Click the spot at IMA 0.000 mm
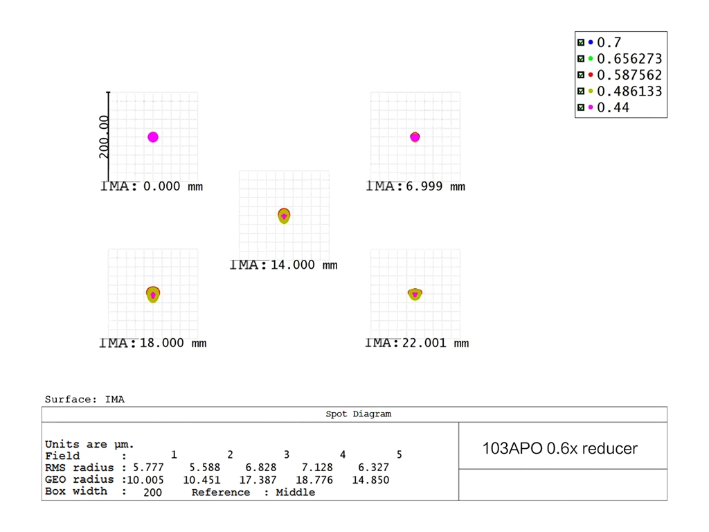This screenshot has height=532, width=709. pyautogui.click(x=153, y=137)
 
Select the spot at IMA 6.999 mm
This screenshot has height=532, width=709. pyautogui.click(x=415, y=137)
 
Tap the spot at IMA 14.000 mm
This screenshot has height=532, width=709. pyautogui.click(x=284, y=215)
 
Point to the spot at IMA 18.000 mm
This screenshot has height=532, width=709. pyautogui.click(x=153, y=294)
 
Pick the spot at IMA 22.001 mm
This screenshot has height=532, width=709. pyautogui.click(x=415, y=294)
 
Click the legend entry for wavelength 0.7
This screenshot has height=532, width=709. pyautogui.click(x=609, y=42)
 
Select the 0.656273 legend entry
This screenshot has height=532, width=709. pyautogui.click(x=629, y=59)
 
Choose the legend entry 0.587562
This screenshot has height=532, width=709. pyautogui.click(x=629, y=75)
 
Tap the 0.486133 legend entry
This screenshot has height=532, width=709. pyautogui.click(x=629, y=91)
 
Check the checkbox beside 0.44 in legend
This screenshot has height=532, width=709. pyautogui.click(x=581, y=107)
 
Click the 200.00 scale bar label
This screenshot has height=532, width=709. pyautogui.click(x=104, y=137)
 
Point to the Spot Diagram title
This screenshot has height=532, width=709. pyautogui.click(x=358, y=414)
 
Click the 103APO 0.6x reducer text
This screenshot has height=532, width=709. pyautogui.click(x=559, y=448)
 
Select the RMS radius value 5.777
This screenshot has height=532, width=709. pyautogui.click(x=150, y=468)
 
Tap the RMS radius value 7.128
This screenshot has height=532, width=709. pyautogui.click(x=318, y=468)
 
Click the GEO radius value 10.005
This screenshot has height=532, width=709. pyautogui.click(x=143, y=480)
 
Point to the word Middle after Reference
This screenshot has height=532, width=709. pyautogui.click(x=295, y=493)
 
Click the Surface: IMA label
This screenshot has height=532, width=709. pyautogui.click(x=84, y=399)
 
